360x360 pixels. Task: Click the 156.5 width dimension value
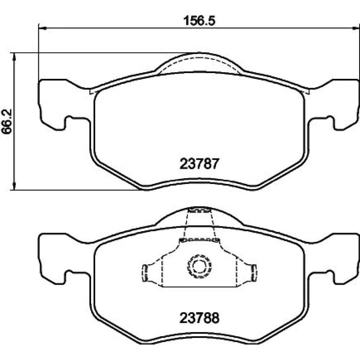point(199,21)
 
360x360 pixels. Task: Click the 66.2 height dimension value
point(7,121)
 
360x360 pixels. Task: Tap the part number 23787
point(199,164)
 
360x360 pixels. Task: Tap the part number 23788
point(199,318)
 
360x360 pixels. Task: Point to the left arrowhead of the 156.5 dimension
point(42,28)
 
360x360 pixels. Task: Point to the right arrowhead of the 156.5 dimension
point(355,28)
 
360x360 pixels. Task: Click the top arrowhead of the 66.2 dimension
point(14,57)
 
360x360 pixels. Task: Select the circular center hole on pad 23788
point(199,266)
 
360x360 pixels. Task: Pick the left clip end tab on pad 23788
point(145,273)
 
